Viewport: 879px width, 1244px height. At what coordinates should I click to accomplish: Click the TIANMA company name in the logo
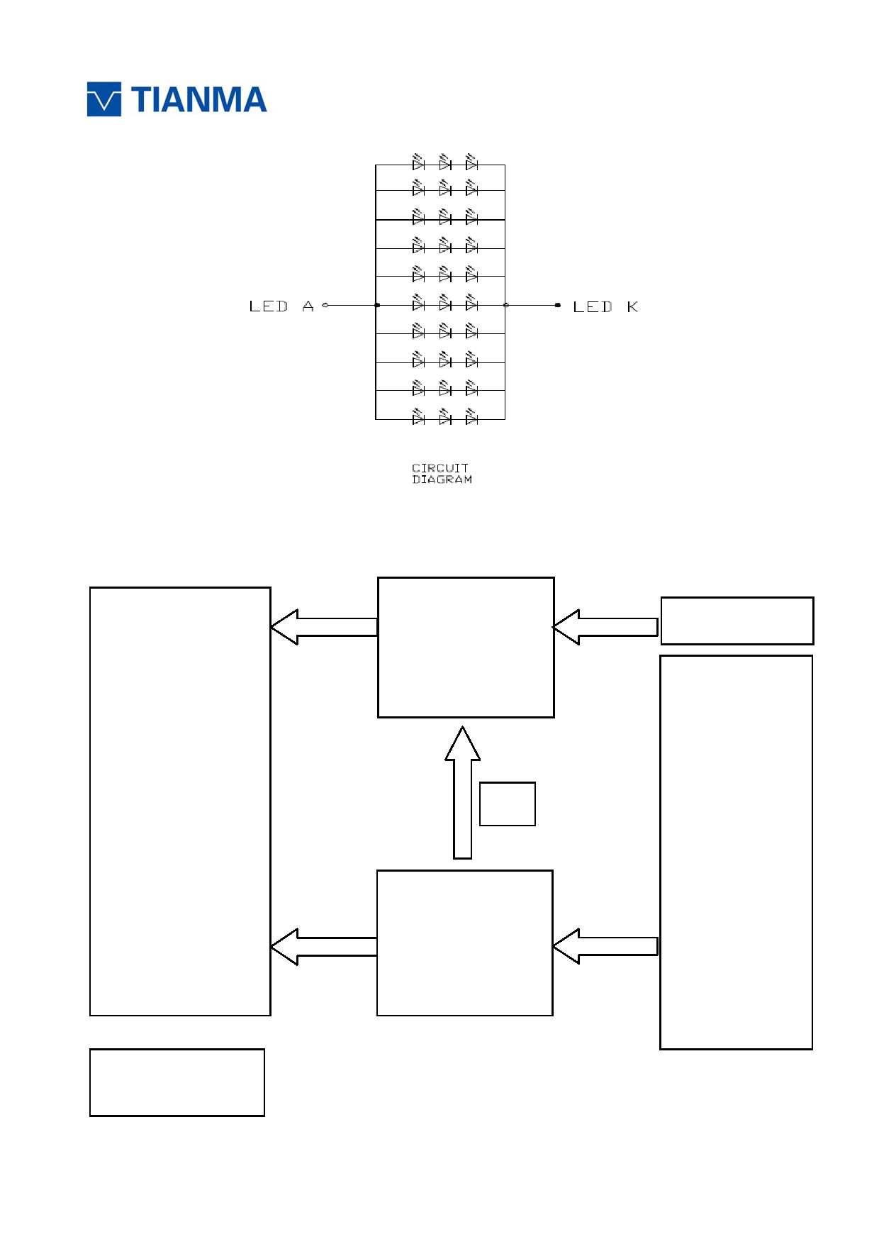click(x=198, y=100)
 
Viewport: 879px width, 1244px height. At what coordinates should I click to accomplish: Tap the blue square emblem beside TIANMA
click(x=104, y=99)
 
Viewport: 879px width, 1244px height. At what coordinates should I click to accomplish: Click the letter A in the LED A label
click(x=308, y=306)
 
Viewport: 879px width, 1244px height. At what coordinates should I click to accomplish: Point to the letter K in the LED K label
click(x=632, y=306)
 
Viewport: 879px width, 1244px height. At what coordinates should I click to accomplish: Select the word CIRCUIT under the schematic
click(x=440, y=468)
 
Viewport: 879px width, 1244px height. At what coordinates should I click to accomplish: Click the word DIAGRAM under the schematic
click(x=442, y=479)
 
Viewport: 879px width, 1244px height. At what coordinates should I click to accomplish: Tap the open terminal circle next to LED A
click(x=325, y=305)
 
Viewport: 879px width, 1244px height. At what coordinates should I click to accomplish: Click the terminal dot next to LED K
click(x=558, y=305)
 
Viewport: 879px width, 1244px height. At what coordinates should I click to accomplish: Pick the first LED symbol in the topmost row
click(x=418, y=162)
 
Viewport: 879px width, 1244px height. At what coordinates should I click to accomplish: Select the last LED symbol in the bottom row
click(x=471, y=417)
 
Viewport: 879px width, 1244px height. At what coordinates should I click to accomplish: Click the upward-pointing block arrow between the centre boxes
click(x=463, y=792)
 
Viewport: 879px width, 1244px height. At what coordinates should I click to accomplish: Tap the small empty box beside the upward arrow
click(x=508, y=804)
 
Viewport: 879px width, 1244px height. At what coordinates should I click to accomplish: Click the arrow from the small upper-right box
click(x=605, y=627)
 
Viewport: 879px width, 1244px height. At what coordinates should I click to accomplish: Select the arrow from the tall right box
click(x=605, y=946)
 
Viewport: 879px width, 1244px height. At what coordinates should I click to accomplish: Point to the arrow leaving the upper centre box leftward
click(x=324, y=627)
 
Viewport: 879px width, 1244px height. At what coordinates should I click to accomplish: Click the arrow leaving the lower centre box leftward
click(x=324, y=947)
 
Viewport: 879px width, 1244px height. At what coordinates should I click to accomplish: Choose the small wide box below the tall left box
click(x=177, y=1082)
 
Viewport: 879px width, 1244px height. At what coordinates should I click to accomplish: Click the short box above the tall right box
click(x=737, y=621)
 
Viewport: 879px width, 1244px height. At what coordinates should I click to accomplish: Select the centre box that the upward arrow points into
click(x=466, y=648)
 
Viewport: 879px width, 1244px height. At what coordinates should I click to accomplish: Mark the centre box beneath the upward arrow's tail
click(x=465, y=943)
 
